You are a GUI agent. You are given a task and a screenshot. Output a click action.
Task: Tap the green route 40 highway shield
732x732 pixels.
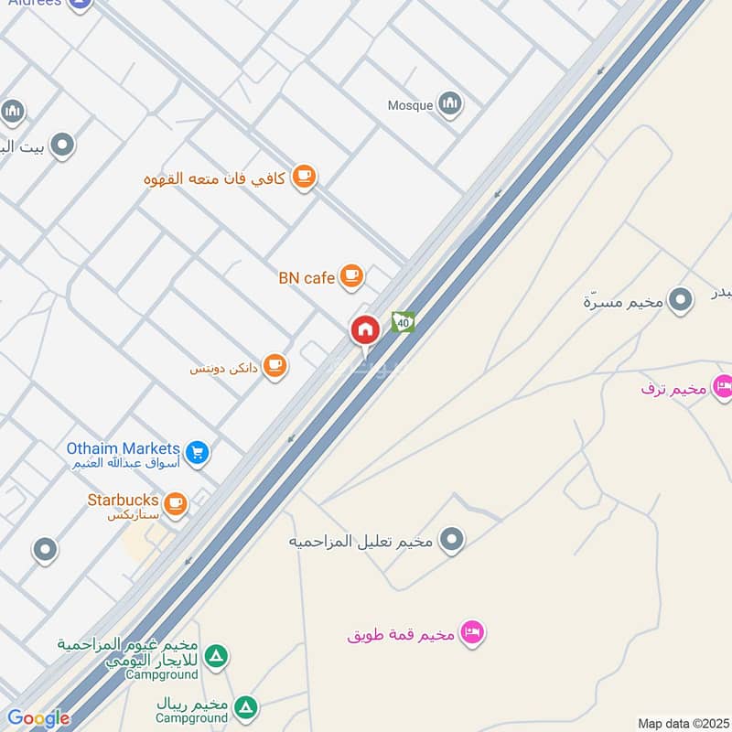[403, 321]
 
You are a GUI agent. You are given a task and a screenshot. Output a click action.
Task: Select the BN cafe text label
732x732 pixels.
[307, 277]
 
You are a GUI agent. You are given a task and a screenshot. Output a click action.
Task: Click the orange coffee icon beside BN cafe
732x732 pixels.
[350, 275]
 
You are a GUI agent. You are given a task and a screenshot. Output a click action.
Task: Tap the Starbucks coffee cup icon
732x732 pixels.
[175, 502]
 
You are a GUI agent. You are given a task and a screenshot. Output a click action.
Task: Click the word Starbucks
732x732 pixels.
[123, 501]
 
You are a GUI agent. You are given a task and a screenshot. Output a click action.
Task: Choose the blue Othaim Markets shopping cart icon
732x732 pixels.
[197, 452]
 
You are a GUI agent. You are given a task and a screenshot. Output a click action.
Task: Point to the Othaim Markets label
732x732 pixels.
[123, 448]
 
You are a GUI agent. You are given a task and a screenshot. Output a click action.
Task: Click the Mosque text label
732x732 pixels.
[410, 105]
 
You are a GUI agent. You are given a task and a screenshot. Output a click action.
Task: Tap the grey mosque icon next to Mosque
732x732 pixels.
[449, 103]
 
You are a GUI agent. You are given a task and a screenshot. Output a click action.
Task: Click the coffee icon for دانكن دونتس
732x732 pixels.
[274, 367]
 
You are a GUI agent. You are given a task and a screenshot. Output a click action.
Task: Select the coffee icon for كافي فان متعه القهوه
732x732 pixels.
[304, 178]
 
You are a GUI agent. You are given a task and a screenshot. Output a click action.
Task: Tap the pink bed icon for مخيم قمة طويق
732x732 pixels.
[471, 632]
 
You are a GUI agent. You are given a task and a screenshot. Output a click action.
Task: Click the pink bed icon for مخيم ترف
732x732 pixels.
[723, 387]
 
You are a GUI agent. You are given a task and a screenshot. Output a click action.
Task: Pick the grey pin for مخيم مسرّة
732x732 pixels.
[680, 299]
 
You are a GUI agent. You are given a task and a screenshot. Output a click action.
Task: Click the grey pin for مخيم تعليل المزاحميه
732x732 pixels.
[451, 541]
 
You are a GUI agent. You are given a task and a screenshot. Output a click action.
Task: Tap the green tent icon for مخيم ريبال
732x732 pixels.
[244, 706]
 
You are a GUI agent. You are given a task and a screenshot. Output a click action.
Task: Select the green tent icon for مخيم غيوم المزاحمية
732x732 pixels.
[216, 656]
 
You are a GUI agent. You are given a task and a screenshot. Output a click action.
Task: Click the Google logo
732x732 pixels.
[38, 718]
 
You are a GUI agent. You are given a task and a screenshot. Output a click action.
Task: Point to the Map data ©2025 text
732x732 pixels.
[682, 723]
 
